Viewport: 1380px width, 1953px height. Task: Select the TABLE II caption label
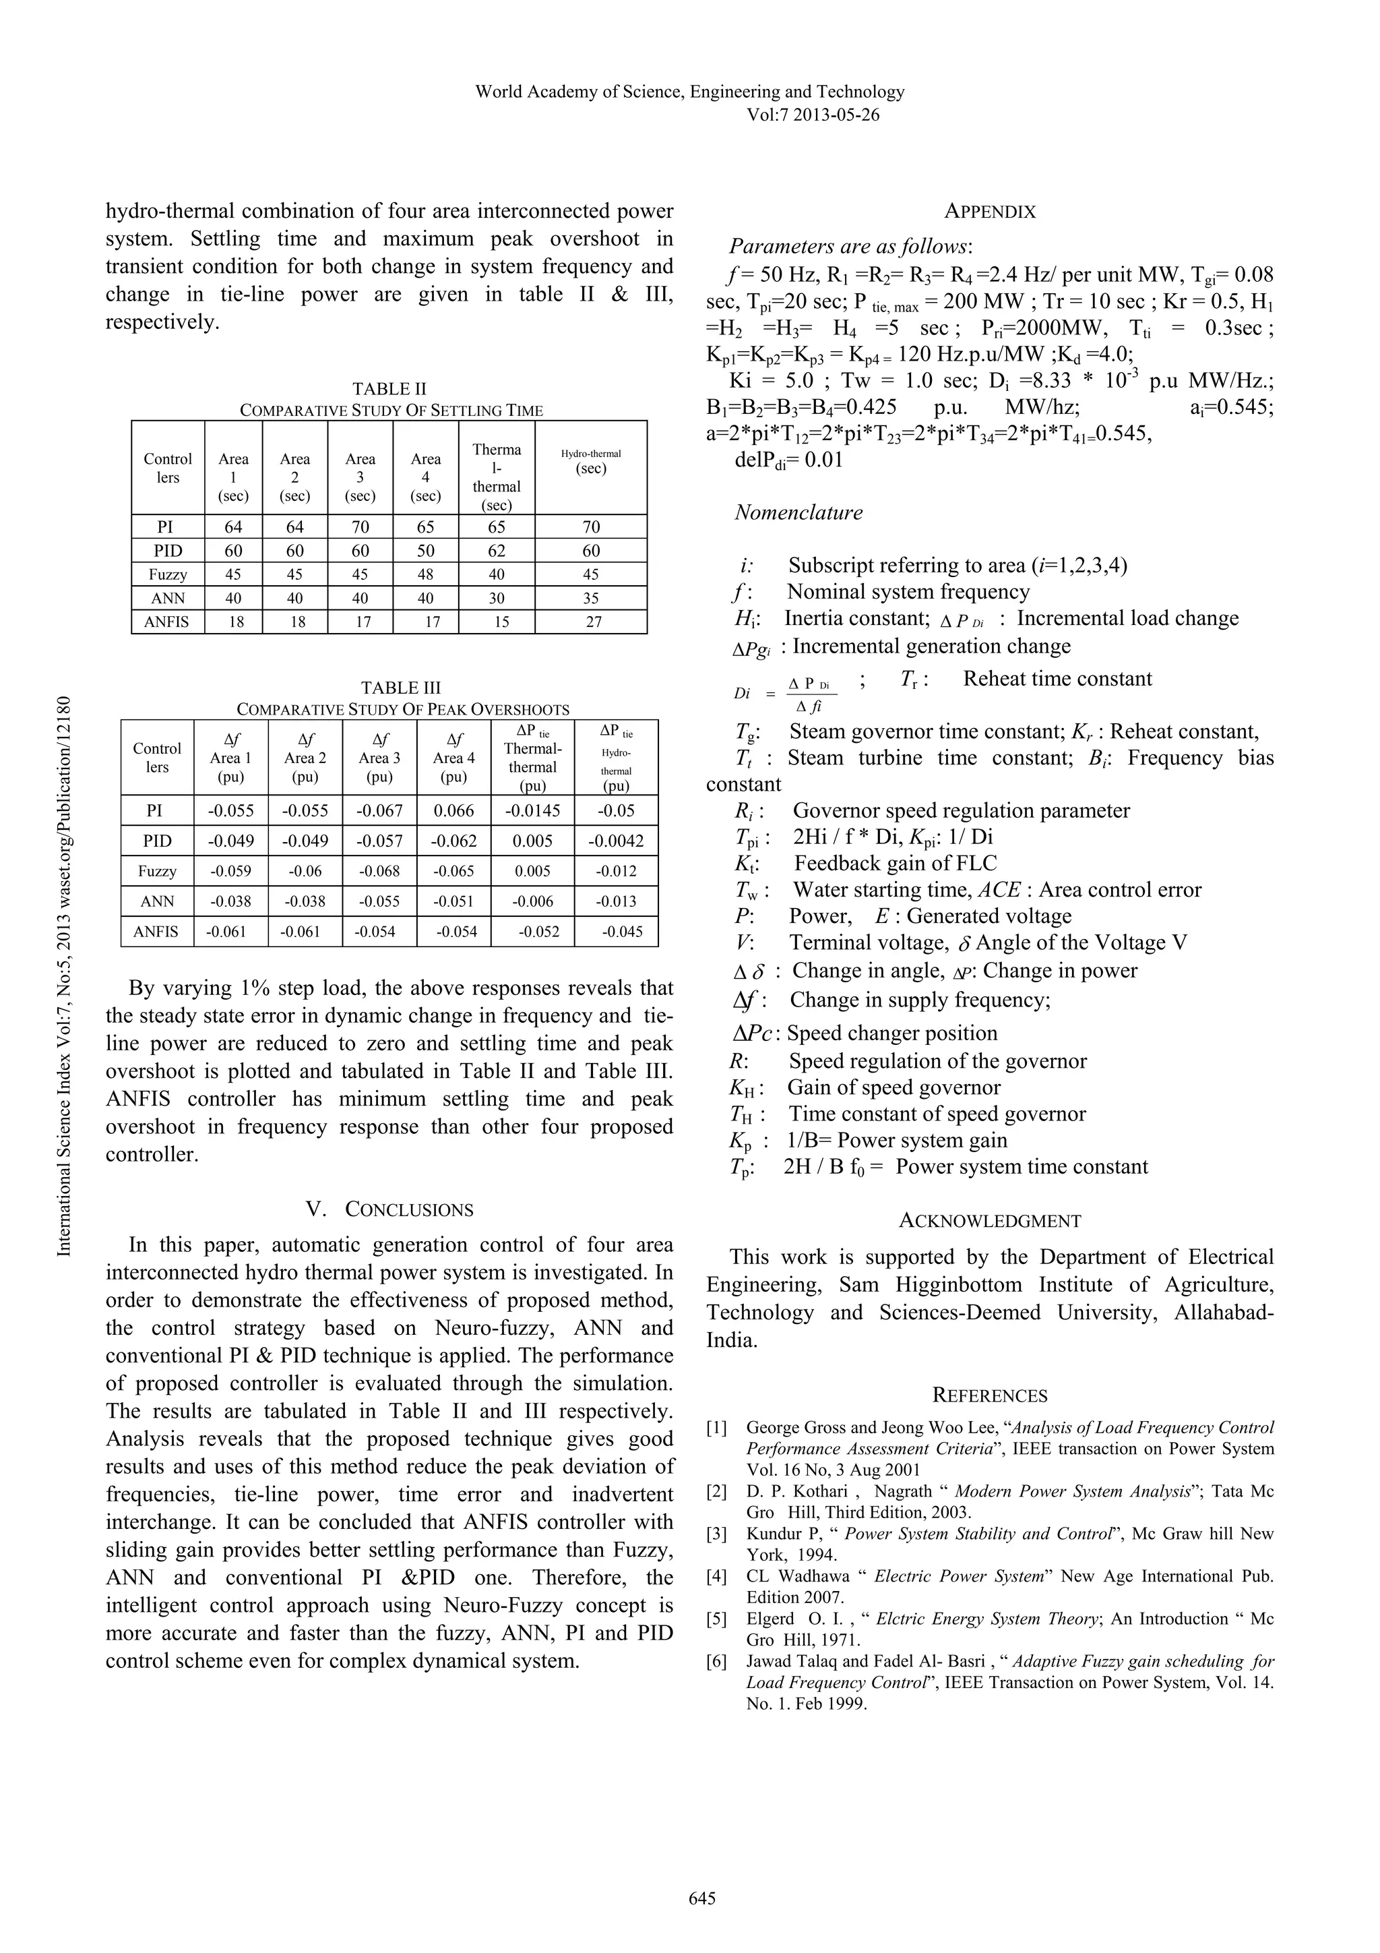[389, 390]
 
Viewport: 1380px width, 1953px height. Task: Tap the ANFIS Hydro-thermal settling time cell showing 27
[594, 622]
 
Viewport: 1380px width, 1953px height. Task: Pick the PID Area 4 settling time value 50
[425, 550]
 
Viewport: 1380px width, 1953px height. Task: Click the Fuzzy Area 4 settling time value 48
[425, 574]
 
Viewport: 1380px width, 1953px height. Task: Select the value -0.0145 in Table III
[532, 810]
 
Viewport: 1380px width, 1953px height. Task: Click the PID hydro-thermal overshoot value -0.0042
[616, 841]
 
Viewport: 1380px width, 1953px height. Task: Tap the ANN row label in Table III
[157, 901]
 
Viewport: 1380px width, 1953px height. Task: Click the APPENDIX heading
[990, 212]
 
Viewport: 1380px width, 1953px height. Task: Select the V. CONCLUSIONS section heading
[389, 1209]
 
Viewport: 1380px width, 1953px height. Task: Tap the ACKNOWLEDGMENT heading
[990, 1222]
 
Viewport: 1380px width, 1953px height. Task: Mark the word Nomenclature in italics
[798, 513]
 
